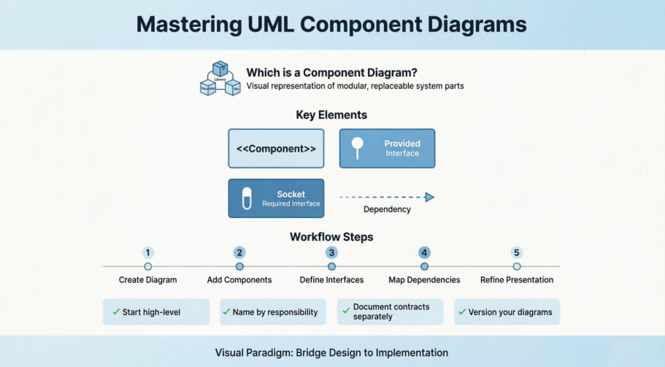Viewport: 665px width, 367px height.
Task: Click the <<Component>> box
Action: [276, 149]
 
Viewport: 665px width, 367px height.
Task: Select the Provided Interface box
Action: [387, 149]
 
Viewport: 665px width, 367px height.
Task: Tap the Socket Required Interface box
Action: [276, 198]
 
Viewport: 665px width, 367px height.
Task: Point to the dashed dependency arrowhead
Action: [430, 197]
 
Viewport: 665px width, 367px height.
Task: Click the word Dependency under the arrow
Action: [387, 209]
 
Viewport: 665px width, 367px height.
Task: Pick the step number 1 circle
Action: [147, 252]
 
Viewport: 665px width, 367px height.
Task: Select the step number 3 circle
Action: [331, 252]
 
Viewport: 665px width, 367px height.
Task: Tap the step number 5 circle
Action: [516, 252]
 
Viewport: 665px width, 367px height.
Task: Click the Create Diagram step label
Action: [147, 279]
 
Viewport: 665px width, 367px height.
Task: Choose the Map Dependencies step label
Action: [424, 279]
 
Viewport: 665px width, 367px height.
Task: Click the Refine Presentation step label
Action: [516, 279]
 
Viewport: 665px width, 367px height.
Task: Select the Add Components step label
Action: [239, 279]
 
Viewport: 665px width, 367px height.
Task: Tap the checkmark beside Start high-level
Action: [116, 312]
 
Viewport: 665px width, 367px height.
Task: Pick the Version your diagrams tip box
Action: [507, 312]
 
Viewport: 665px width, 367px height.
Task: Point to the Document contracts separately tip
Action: [390, 312]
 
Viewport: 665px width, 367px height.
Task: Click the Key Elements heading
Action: [331, 115]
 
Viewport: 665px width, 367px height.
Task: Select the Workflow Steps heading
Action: [331, 236]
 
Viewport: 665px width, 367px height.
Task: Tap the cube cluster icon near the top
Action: [220, 79]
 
